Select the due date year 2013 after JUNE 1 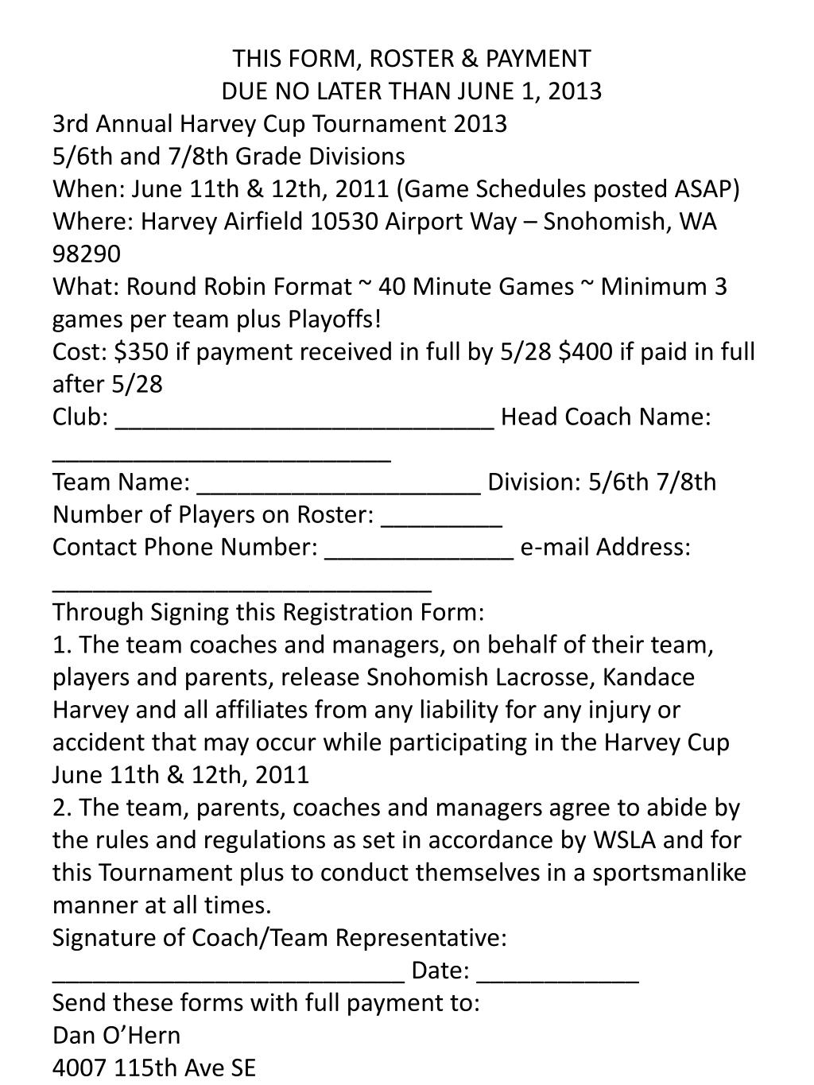point(573,91)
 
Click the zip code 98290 point(87,254)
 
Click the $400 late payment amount point(586,352)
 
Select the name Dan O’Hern point(116,1036)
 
